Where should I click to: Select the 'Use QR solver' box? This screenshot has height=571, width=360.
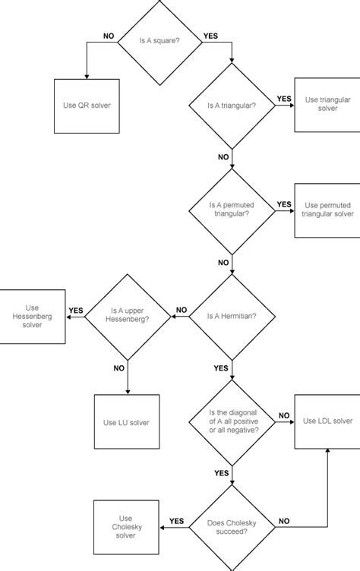click(x=86, y=104)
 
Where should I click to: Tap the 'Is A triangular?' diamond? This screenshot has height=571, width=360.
click(x=232, y=104)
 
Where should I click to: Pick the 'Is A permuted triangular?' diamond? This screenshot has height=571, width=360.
click(x=232, y=209)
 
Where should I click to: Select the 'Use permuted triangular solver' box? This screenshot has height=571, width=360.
click(x=327, y=209)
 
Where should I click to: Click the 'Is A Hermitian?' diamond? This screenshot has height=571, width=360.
click(x=232, y=314)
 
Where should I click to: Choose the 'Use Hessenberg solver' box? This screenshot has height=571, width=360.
click(x=32, y=314)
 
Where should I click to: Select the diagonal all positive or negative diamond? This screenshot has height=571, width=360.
click(x=232, y=420)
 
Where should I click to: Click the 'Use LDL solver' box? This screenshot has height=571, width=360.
click(x=327, y=420)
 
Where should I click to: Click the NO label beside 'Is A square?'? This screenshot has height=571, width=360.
click(x=109, y=36)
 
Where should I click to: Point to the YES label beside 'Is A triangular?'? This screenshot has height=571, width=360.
click(x=284, y=99)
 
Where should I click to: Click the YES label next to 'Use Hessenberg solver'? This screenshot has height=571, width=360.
click(x=76, y=310)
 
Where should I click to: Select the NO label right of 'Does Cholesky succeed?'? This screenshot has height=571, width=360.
click(x=284, y=521)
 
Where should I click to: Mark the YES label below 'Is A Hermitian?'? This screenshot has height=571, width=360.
click(x=222, y=368)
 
